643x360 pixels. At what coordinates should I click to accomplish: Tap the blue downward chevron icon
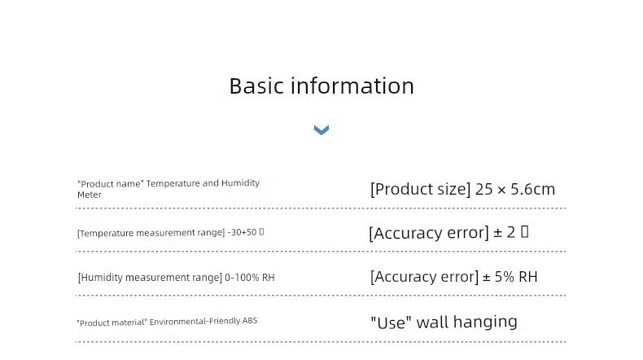(x=321, y=130)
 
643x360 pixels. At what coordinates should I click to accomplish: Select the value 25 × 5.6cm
(x=515, y=190)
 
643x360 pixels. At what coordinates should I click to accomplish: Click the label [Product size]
(x=420, y=190)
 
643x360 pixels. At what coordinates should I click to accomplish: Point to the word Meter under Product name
(x=90, y=195)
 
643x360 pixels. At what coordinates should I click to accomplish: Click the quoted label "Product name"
(x=110, y=184)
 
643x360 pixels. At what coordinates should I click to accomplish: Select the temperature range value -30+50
(x=242, y=233)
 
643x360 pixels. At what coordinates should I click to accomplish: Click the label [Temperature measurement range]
(x=151, y=233)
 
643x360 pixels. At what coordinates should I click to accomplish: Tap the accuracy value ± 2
(x=505, y=233)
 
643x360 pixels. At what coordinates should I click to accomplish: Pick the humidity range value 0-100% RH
(x=249, y=278)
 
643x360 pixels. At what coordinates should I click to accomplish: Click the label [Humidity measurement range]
(x=149, y=278)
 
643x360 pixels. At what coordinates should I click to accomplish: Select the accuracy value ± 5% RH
(x=510, y=277)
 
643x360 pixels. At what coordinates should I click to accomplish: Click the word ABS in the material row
(x=250, y=322)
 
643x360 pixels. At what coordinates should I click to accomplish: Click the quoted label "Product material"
(x=112, y=322)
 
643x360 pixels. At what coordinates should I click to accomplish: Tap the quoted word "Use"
(x=391, y=322)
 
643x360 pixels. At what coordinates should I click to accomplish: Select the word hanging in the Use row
(x=485, y=322)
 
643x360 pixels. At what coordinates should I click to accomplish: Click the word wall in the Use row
(x=432, y=322)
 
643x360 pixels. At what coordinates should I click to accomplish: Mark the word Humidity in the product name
(x=242, y=183)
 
